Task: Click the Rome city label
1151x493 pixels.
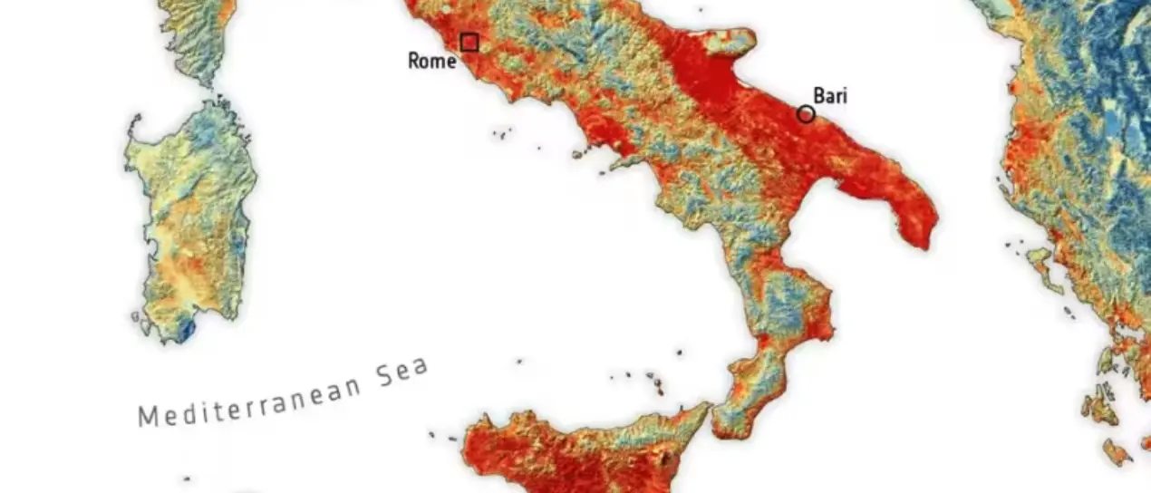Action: pos(432,62)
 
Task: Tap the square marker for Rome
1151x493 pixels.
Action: pos(469,42)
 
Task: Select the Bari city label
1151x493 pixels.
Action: pos(830,95)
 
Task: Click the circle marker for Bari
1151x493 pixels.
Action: pos(806,114)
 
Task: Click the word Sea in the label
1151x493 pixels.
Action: pos(401,372)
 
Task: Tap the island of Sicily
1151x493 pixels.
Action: pos(580,453)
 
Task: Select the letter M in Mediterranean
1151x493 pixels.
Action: pos(146,417)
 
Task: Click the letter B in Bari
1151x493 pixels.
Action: pos(818,96)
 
